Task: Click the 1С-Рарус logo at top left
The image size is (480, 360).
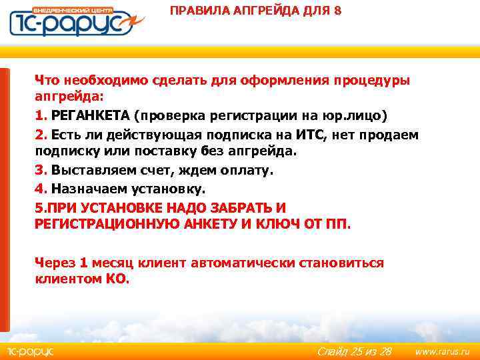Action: click(x=73, y=21)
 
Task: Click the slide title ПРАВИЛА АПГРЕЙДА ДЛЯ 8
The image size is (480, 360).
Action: click(x=255, y=11)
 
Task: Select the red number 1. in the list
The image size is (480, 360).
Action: click(x=41, y=115)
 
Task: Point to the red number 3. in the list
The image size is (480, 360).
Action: click(x=41, y=170)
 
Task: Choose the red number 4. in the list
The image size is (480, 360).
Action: click(x=41, y=189)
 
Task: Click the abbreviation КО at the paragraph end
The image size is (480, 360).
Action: click(x=116, y=279)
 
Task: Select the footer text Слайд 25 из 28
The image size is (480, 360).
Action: click(x=354, y=351)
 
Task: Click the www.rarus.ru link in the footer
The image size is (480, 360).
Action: click(x=442, y=351)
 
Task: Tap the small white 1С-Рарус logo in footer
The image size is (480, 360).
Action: click(x=31, y=351)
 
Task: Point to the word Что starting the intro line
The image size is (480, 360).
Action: click(x=47, y=80)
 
